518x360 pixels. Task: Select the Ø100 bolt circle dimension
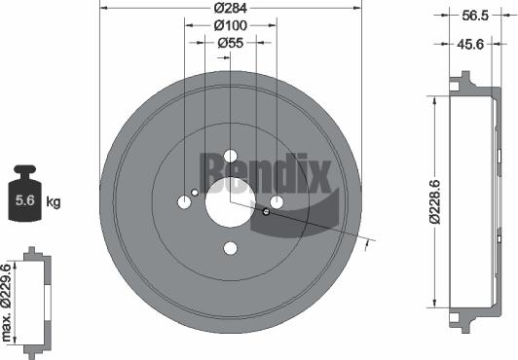pyautogui.click(x=231, y=26)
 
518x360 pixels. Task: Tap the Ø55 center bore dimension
pyautogui.click(x=231, y=43)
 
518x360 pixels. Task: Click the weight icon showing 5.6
pyautogui.click(x=23, y=198)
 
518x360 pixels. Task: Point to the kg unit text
pyautogui.click(x=54, y=202)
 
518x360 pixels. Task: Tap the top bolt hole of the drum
pyautogui.click(x=231, y=156)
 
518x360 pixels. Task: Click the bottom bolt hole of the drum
pyautogui.click(x=231, y=248)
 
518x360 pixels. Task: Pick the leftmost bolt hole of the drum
pyautogui.click(x=184, y=202)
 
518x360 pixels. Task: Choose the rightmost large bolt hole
pyautogui.click(x=277, y=202)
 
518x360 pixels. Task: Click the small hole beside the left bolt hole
pyautogui.click(x=196, y=193)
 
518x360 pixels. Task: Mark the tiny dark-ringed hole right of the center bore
pyautogui.click(x=266, y=210)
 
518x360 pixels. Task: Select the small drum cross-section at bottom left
pyautogui.click(x=35, y=301)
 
